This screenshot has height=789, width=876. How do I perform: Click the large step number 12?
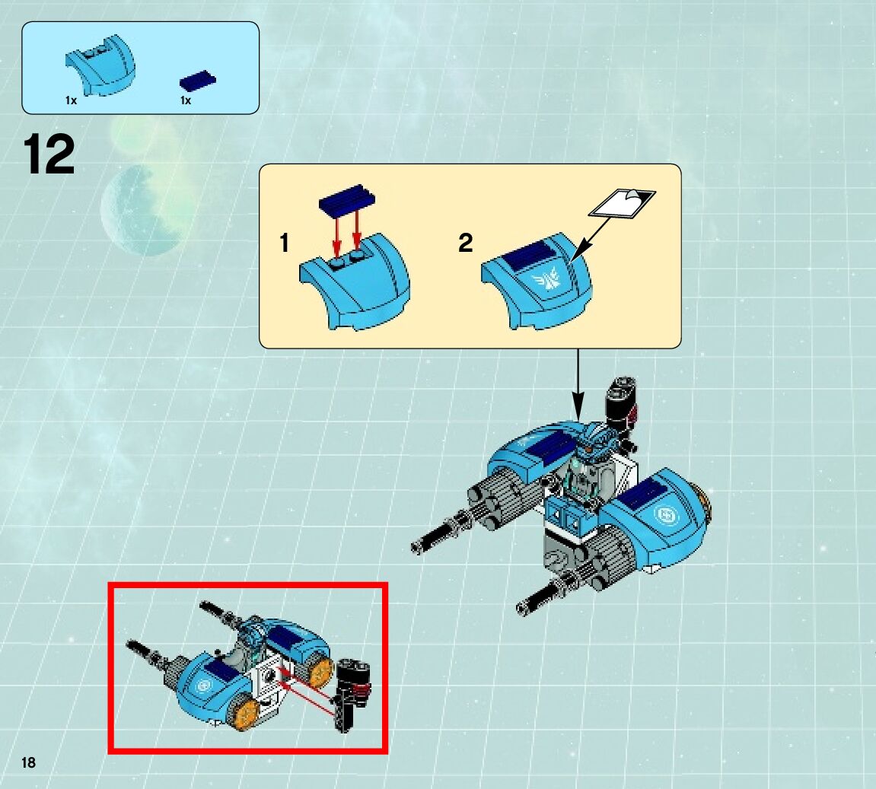pyautogui.click(x=49, y=154)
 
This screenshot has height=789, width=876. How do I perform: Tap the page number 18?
pyautogui.click(x=28, y=762)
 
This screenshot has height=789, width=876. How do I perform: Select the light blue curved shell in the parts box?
pyautogui.click(x=100, y=65)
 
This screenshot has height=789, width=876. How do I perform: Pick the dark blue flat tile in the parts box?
pyautogui.click(x=198, y=81)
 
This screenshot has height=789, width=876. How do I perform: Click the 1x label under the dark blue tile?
pyautogui.click(x=186, y=100)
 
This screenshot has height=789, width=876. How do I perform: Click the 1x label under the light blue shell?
pyautogui.click(x=71, y=100)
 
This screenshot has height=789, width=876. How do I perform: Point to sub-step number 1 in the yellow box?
pyautogui.click(x=285, y=243)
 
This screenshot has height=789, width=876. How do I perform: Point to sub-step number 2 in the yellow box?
pyautogui.click(x=465, y=243)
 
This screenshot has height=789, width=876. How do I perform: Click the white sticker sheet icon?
pyautogui.click(x=623, y=202)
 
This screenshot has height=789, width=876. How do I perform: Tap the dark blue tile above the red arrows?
pyautogui.click(x=347, y=199)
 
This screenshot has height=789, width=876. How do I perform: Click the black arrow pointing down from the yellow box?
pyautogui.click(x=578, y=385)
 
